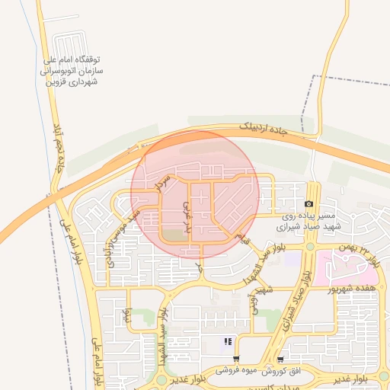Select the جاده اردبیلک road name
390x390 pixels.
pos(264,130)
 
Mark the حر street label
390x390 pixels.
pos(200,268)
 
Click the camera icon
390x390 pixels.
pos(308,204)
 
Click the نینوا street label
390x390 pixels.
pos(128,313)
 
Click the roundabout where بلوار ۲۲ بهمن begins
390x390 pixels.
pos(310,246)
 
